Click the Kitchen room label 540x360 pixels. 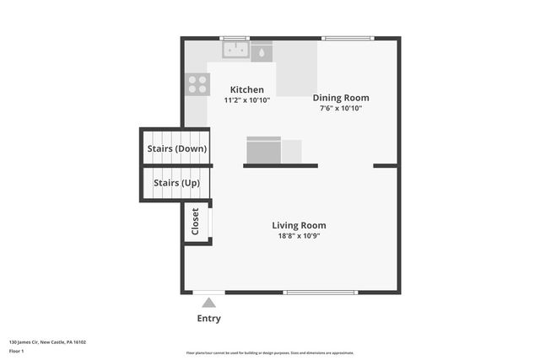pos(247,89)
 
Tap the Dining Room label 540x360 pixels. pos(341,98)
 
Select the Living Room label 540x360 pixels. pos(299,225)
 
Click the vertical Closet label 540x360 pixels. pos(196,222)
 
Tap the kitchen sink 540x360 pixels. pos(235,51)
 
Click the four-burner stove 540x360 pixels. pos(197,83)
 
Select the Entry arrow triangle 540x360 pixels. pos(208,303)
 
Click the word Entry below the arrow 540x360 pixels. pos(208,319)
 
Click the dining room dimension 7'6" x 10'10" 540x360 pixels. pos(341,108)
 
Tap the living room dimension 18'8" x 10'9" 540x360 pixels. pos(299,236)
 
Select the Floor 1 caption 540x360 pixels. pos(17,350)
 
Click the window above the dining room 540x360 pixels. pos(348,38)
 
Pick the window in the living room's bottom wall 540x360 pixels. pos(319,293)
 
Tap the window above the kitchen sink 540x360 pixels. pos(235,38)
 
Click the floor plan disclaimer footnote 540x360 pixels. pos(270,353)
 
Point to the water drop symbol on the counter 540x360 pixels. pos(262,52)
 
